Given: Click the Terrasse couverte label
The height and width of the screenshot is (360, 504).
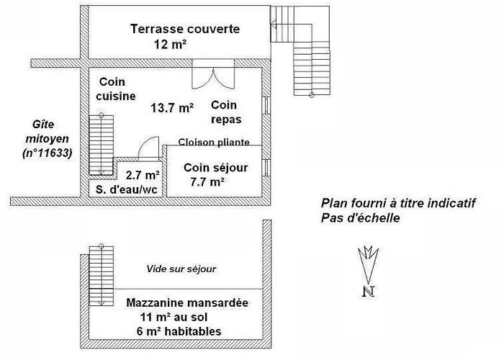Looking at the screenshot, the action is click(185, 29).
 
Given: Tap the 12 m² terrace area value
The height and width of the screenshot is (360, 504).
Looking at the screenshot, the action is click(170, 44).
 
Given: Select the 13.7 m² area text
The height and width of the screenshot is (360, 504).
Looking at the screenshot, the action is click(172, 108).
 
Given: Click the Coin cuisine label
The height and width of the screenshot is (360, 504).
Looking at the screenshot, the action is click(116, 89).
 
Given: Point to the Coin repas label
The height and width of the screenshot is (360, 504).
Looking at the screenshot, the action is click(226, 112).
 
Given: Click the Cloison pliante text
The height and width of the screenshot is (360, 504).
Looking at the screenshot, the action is click(214, 142).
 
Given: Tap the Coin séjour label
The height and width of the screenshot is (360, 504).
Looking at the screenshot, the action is click(216, 168).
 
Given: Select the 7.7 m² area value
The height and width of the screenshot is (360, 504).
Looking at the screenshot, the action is click(207, 182).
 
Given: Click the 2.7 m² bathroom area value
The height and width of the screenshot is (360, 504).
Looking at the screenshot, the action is click(143, 175).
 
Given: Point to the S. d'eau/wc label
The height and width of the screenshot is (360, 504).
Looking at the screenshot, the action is click(127, 189).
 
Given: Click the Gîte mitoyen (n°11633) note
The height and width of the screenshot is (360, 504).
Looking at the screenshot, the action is click(48, 138).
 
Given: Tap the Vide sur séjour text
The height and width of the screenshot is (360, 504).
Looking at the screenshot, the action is click(181, 269).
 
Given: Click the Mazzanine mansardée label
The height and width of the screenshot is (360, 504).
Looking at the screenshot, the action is click(187, 302).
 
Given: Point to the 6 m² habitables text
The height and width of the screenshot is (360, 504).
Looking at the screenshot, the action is click(179, 331).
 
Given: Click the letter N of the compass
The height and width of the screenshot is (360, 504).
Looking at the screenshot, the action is click(369, 291).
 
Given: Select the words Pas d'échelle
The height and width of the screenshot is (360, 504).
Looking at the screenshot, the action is click(360, 218).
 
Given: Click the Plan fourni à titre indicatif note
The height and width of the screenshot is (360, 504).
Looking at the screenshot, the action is click(398, 203).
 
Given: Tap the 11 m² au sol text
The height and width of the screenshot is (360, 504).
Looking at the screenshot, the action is click(174, 317).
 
